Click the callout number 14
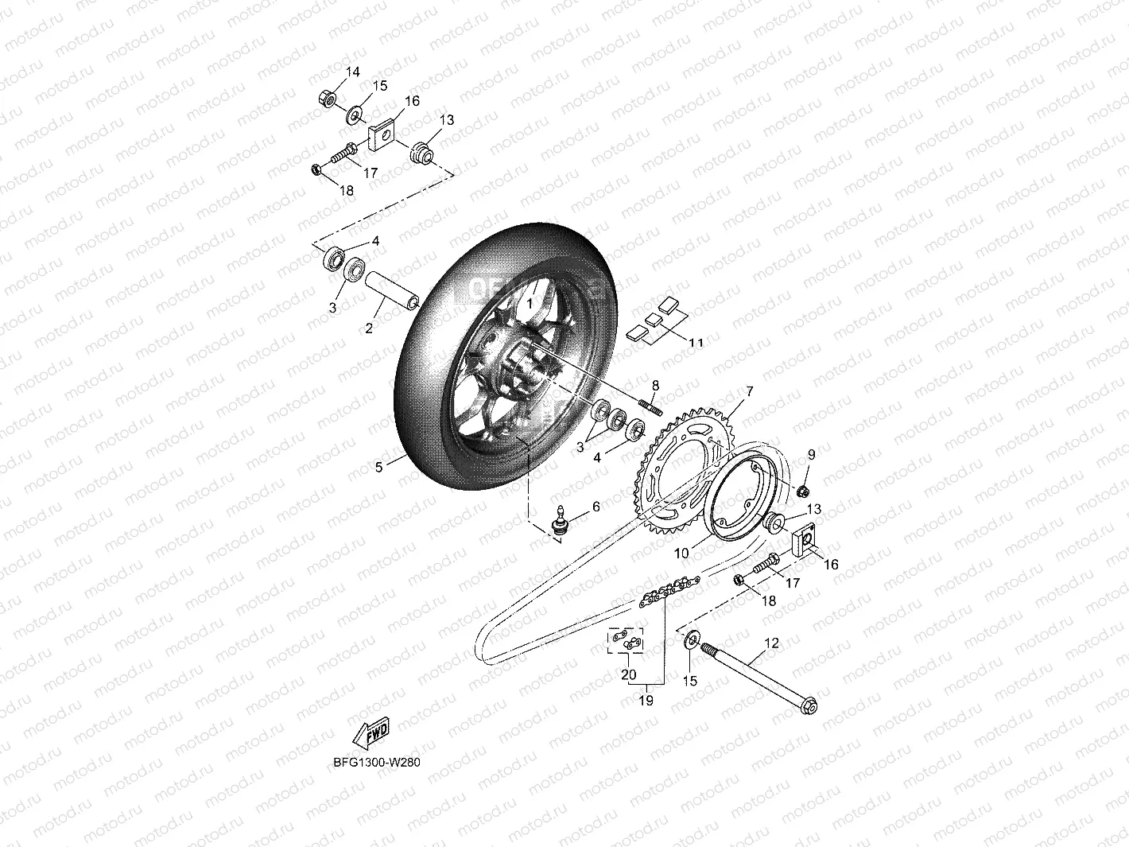tap(352, 72)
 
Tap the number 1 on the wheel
tap(530, 304)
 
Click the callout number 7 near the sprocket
tap(747, 391)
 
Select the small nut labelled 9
tap(803, 488)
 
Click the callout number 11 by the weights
tap(696, 343)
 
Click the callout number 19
tap(646, 701)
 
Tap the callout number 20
tap(628, 674)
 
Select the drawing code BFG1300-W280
tap(377, 762)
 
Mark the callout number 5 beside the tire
tap(379, 467)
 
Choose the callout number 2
tap(369, 328)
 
